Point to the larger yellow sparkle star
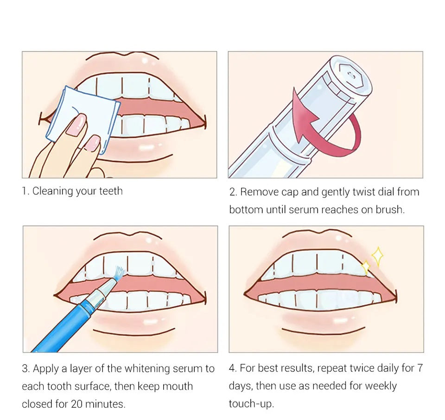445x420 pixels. tap(378, 256)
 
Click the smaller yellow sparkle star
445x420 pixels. tap(365, 267)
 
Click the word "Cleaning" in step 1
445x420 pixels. tap(52, 191)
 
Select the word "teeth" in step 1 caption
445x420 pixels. tap(111, 191)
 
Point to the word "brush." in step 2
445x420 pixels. tap(390, 210)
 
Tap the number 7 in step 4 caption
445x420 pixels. tap(420, 369)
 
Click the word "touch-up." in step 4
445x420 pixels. tap(251, 404)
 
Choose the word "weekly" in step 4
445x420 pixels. tap(381, 386)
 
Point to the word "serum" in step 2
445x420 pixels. tap(303, 210)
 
